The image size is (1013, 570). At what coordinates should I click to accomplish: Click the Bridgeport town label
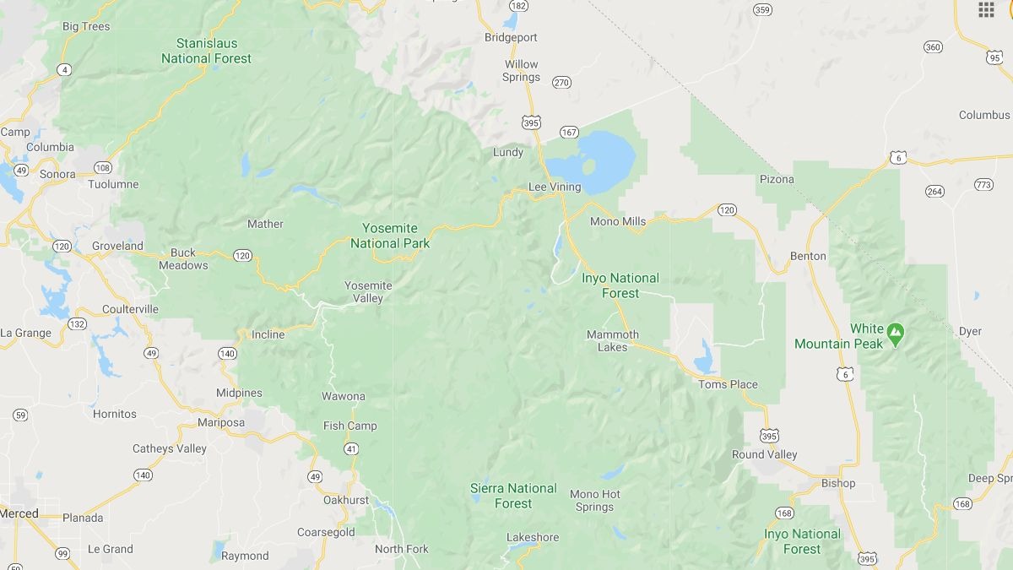(x=511, y=37)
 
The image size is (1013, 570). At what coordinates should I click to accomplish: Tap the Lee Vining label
(x=554, y=187)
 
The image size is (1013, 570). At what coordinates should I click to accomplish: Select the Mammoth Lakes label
(x=613, y=340)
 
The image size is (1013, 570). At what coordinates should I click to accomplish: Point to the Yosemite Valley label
(x=368, y=291)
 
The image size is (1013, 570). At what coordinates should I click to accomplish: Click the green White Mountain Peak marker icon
(x=896, y=333)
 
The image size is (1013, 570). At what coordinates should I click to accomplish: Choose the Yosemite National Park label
(x=390, y=236)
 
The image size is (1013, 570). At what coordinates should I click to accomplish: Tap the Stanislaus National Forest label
(x=207, y=51)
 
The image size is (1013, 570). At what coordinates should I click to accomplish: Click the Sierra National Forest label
(x=513, y=496)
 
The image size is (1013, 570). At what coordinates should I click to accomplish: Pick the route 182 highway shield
(x=518, y=6)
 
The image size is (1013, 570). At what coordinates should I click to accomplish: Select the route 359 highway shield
(x=762, y=9)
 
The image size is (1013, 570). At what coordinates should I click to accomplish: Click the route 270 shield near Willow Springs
(x=561, y=82)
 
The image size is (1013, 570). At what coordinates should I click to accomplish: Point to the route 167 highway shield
(x=569, y=133)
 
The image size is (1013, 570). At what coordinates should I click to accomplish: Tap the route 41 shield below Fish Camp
(x=351, y=448)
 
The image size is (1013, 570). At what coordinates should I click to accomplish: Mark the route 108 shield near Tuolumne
(x=103, y=167)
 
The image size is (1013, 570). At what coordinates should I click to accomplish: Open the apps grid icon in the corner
(x=986, y=9)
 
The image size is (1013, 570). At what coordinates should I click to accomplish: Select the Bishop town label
(x=838, y=483)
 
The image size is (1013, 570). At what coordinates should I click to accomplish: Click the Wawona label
(x=344, y=396)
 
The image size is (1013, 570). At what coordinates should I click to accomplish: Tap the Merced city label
(x=19, y=513)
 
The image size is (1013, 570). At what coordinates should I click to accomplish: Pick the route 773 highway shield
(x=983, y=184)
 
